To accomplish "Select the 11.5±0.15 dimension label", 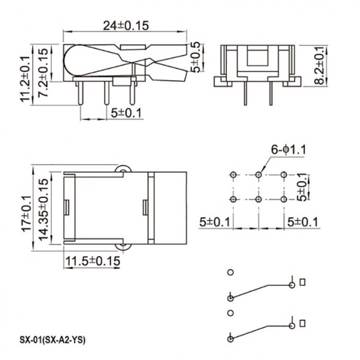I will tap(92, 261).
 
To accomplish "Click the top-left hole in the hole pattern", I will tap(232, 175).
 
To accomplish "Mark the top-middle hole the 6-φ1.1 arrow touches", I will tap(259, 175).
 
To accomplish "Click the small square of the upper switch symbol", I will tap(303, 282).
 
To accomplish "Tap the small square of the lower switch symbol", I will tap(303, 322).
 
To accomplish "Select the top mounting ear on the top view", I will tap(123, 169).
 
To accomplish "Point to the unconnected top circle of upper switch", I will tap(230, 273).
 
